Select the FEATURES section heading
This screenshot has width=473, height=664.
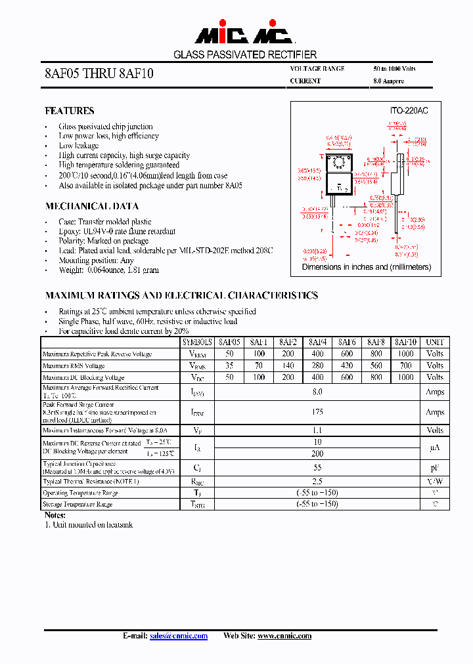[x=69, y=111]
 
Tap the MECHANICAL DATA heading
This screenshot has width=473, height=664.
[x=91, y=206]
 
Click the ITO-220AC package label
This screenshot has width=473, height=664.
[x=409, y=111]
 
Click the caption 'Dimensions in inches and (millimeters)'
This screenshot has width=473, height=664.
[x=366, y=267]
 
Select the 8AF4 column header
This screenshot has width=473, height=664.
[x=318, y=342]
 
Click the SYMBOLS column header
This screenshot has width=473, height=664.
[x=198, y=342]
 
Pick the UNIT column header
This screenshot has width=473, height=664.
[x=435, y=342]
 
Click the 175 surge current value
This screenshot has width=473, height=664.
[x=317, y=412]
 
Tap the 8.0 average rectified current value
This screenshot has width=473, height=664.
[x=317, y=392]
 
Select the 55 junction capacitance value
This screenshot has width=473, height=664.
[x=317, y=468]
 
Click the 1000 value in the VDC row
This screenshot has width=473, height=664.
[x=406, y=377]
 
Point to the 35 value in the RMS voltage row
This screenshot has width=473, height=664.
[x=229, y=365]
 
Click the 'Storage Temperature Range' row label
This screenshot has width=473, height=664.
[x=78, y=504]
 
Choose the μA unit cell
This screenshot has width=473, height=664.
[x=435, y=447]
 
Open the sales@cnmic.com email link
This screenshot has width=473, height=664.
[x=179, y=636]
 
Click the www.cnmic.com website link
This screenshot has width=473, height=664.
[x=284, y=636]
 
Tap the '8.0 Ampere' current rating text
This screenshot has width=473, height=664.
[x=388, y=81]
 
